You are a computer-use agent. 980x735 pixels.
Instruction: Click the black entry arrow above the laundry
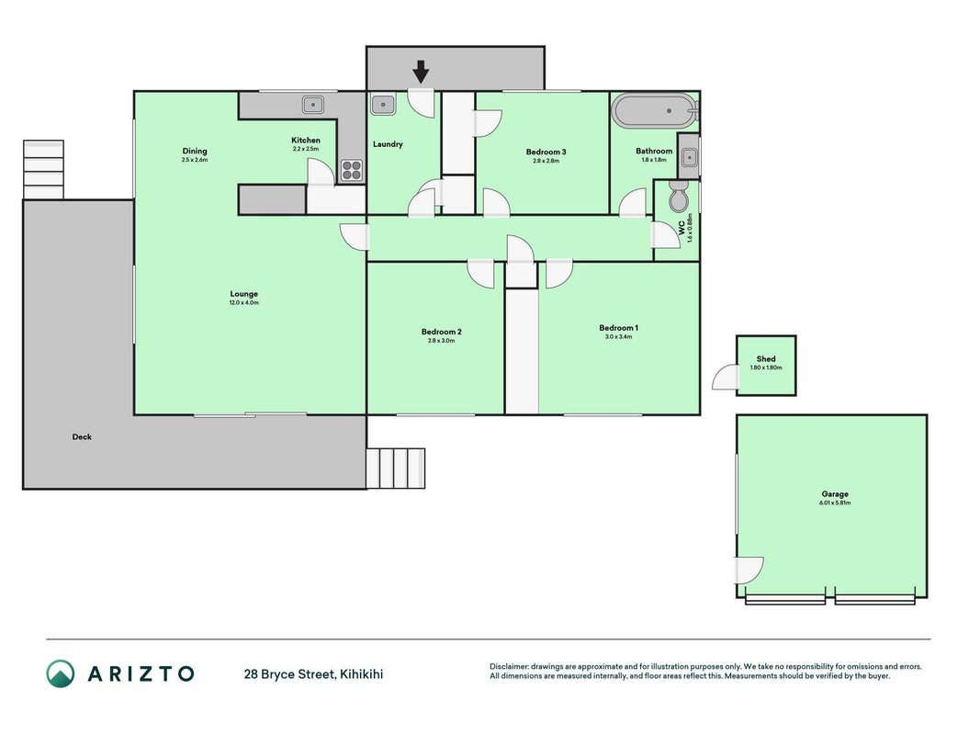tap(422, 72)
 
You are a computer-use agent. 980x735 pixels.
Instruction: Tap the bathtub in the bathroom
tap(654, 111)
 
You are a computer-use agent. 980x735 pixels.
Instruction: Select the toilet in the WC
tap(678, 196)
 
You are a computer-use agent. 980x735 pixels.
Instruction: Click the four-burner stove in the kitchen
tap(352, 170)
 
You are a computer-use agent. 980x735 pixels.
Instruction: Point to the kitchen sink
tap(313, 105)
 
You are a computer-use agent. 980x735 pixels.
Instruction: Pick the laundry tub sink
tap(383, 105)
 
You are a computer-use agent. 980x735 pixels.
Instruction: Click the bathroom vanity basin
tap(689, 157)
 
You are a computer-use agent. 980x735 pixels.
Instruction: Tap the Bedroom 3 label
tap(546, 152)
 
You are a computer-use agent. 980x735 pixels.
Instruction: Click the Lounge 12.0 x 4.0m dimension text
tap(243, 302)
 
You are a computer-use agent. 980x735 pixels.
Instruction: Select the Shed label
tap(766, 358)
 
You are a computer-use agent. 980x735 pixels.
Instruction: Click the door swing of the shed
tap(725, 378)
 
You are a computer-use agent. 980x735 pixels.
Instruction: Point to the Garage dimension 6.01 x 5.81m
tap(835, 503)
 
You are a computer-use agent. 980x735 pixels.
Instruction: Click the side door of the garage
tap(749, 570)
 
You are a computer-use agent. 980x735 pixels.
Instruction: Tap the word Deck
tap(82, 437)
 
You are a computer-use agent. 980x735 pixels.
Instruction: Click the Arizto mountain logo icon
tap(61, 673)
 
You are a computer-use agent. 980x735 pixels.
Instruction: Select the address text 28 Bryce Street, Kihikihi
tap(314, 673)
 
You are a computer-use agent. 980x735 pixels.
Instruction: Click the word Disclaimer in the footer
tap(509, 666)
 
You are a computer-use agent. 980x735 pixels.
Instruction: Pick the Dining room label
tap(195, 151)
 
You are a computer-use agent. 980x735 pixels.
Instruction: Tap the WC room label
tap(681, 228)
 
